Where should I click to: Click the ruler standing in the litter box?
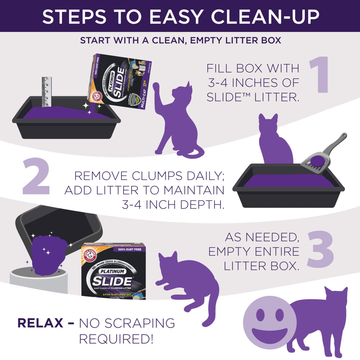46,92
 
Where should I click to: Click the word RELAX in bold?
40,323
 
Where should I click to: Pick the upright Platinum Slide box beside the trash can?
113,271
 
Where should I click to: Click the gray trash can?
39,281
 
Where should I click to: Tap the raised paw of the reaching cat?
156,87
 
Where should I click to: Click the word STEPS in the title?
74,17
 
